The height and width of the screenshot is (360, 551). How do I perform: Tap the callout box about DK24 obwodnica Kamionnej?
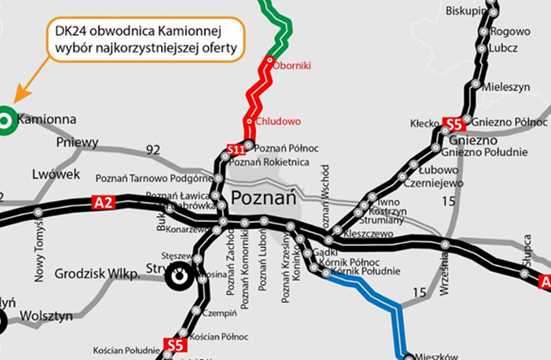(146, 40)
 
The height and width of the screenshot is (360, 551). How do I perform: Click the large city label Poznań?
(262, 197)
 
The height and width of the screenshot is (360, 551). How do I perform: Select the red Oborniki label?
(293, 64)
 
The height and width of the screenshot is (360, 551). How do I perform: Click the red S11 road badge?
(236, 150)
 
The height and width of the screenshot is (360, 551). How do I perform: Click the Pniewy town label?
(77, 142)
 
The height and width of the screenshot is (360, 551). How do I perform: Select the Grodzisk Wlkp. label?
(97, 275)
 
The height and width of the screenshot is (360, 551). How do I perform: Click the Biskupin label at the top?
(466, 10)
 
